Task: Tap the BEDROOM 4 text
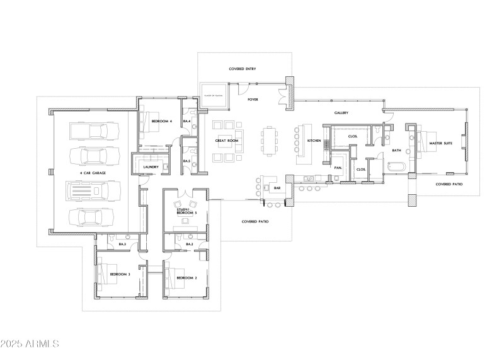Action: click(x=161, y=120)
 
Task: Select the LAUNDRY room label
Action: click(x=151, y=167)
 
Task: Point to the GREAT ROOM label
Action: click(x=226, y=141)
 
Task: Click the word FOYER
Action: click(x=253, y=99)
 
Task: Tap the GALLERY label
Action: click(x=341, y=113)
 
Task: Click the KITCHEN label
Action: click(x=314, y=141)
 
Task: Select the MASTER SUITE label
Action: click(x=440, y=144)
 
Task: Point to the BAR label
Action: click(x=275, y=187)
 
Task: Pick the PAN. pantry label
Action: click(x=338, y=168)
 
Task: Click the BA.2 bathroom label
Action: click(x=188, y=243)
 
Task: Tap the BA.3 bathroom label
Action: click(x=122, y=243)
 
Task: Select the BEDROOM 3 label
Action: click(x=120, y=274)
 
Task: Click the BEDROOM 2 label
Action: click(x=187, y=278)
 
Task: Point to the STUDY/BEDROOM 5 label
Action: click(x=187, y=212)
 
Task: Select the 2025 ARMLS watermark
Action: click(x=30, y=344)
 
